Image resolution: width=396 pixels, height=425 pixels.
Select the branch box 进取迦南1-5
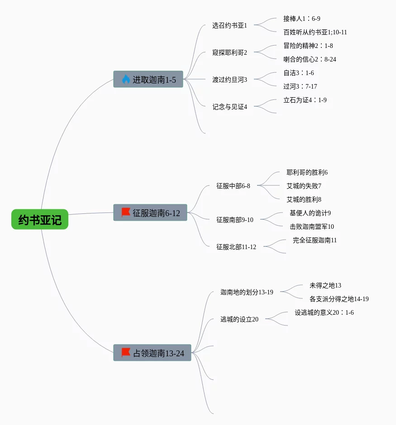pos(148,80)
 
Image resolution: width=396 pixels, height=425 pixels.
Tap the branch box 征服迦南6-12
pos(150,212)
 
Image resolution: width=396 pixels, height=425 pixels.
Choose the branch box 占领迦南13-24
pos(152,353)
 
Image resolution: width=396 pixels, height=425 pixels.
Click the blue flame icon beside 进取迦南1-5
pos(126,80)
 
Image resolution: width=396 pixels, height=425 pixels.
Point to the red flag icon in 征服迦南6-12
pos(126,212)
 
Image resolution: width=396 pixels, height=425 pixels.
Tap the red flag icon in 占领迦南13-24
pos(126,352)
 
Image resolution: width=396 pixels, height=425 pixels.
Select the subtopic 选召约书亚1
pos(229,25)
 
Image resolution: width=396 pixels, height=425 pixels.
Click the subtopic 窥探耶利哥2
pos(229,52)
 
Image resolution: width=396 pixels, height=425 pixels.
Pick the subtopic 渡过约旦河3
pos(229,80)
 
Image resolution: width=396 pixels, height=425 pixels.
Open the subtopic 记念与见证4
pos(229,107)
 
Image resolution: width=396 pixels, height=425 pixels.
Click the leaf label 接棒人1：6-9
pos(301,19)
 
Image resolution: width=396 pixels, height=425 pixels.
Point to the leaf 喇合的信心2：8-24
pos(310,59)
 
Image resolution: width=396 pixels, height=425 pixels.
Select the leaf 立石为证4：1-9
pos(305,100)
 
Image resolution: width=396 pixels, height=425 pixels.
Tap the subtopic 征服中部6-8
pos(233,186)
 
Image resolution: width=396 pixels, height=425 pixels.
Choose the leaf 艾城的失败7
pos(304,186)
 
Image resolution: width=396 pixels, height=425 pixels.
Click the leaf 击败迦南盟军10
pos(312,227)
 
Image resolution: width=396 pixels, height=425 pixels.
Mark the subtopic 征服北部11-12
pos(236,247)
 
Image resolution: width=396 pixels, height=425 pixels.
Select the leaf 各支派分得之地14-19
pos(339,299)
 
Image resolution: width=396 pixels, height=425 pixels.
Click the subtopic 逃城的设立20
pos(239,319)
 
